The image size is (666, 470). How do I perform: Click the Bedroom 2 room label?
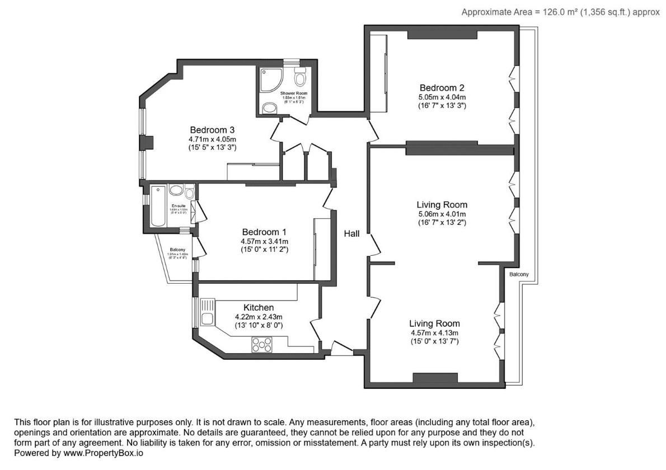[x=442, y=88]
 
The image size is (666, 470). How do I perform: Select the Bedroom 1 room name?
[x=264, y=232]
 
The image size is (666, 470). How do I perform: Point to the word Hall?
[x=351, y=234]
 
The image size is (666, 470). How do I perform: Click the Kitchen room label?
[x=259, y=308]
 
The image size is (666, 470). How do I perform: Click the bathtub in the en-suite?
[x=157, y=207]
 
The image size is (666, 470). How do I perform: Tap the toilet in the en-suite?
[x=190, y=194]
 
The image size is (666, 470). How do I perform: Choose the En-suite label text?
[x=178, y=205]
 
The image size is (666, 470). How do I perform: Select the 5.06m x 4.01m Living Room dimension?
[x=442, y=214]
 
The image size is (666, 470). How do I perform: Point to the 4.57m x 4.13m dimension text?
[x=434, y=332]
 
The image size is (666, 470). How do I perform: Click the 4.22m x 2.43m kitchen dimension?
[x=259, y=317]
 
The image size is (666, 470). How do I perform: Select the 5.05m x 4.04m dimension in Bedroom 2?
[x=442, y=97]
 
